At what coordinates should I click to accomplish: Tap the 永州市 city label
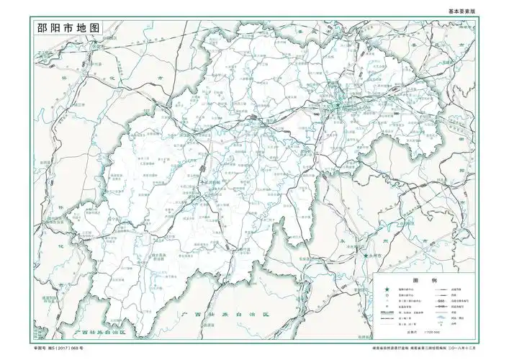tap(375, 256)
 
